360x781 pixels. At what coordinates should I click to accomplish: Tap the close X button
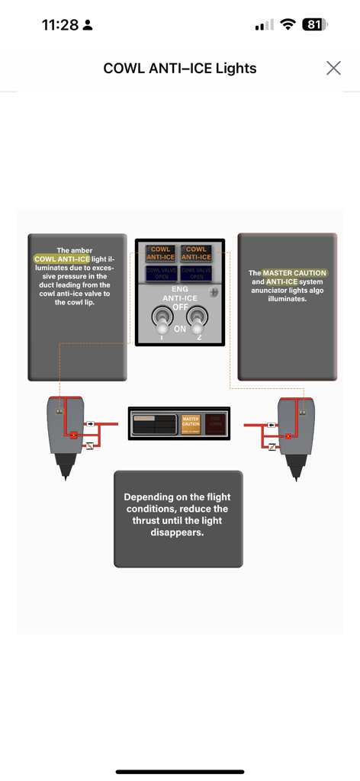[x=333, y=68]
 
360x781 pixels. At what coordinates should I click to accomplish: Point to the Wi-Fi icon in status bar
[x=288, y=24]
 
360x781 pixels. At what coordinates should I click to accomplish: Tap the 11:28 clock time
[x=60, y=24]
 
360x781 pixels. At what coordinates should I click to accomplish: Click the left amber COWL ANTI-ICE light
[x=160, y=253]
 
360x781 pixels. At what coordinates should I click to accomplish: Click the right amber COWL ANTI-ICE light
[x=196, y=253]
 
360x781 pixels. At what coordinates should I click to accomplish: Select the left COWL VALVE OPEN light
[x=160, y=273]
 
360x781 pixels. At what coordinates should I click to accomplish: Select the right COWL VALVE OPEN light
[x=196, y=273]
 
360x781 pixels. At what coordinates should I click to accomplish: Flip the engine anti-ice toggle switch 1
[x=162, y=320]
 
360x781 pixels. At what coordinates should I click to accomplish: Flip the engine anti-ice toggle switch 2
[x=198, y=320]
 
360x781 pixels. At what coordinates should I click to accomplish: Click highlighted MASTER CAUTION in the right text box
[x=295, y=273]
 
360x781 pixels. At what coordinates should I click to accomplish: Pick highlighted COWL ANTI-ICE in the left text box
[x=62, y=259]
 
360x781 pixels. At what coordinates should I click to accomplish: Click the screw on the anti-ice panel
[x=215, y=292]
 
